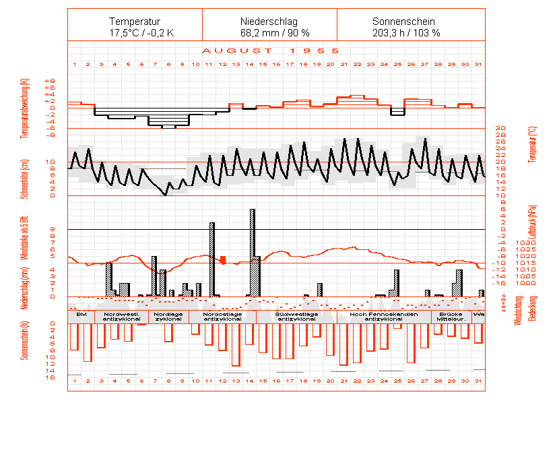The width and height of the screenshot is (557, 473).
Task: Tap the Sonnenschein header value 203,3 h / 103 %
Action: [406, 32]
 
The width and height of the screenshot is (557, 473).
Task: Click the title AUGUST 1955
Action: [269, 51]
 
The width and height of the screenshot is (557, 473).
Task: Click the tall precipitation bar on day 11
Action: [211, 259]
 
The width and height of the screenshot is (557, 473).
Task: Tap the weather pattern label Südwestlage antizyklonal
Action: [296, 317]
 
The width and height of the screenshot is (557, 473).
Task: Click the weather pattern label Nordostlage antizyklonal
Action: [222, 317]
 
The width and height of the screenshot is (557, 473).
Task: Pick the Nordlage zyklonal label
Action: [168, 317]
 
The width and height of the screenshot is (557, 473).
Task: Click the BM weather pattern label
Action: [81, 314]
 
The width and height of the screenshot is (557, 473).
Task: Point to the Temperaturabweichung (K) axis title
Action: [25, 108]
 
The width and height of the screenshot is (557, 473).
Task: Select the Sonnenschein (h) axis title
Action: [25, 340]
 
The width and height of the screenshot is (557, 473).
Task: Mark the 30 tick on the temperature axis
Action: [500, 128]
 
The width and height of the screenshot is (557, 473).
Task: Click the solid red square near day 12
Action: [223, 259]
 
